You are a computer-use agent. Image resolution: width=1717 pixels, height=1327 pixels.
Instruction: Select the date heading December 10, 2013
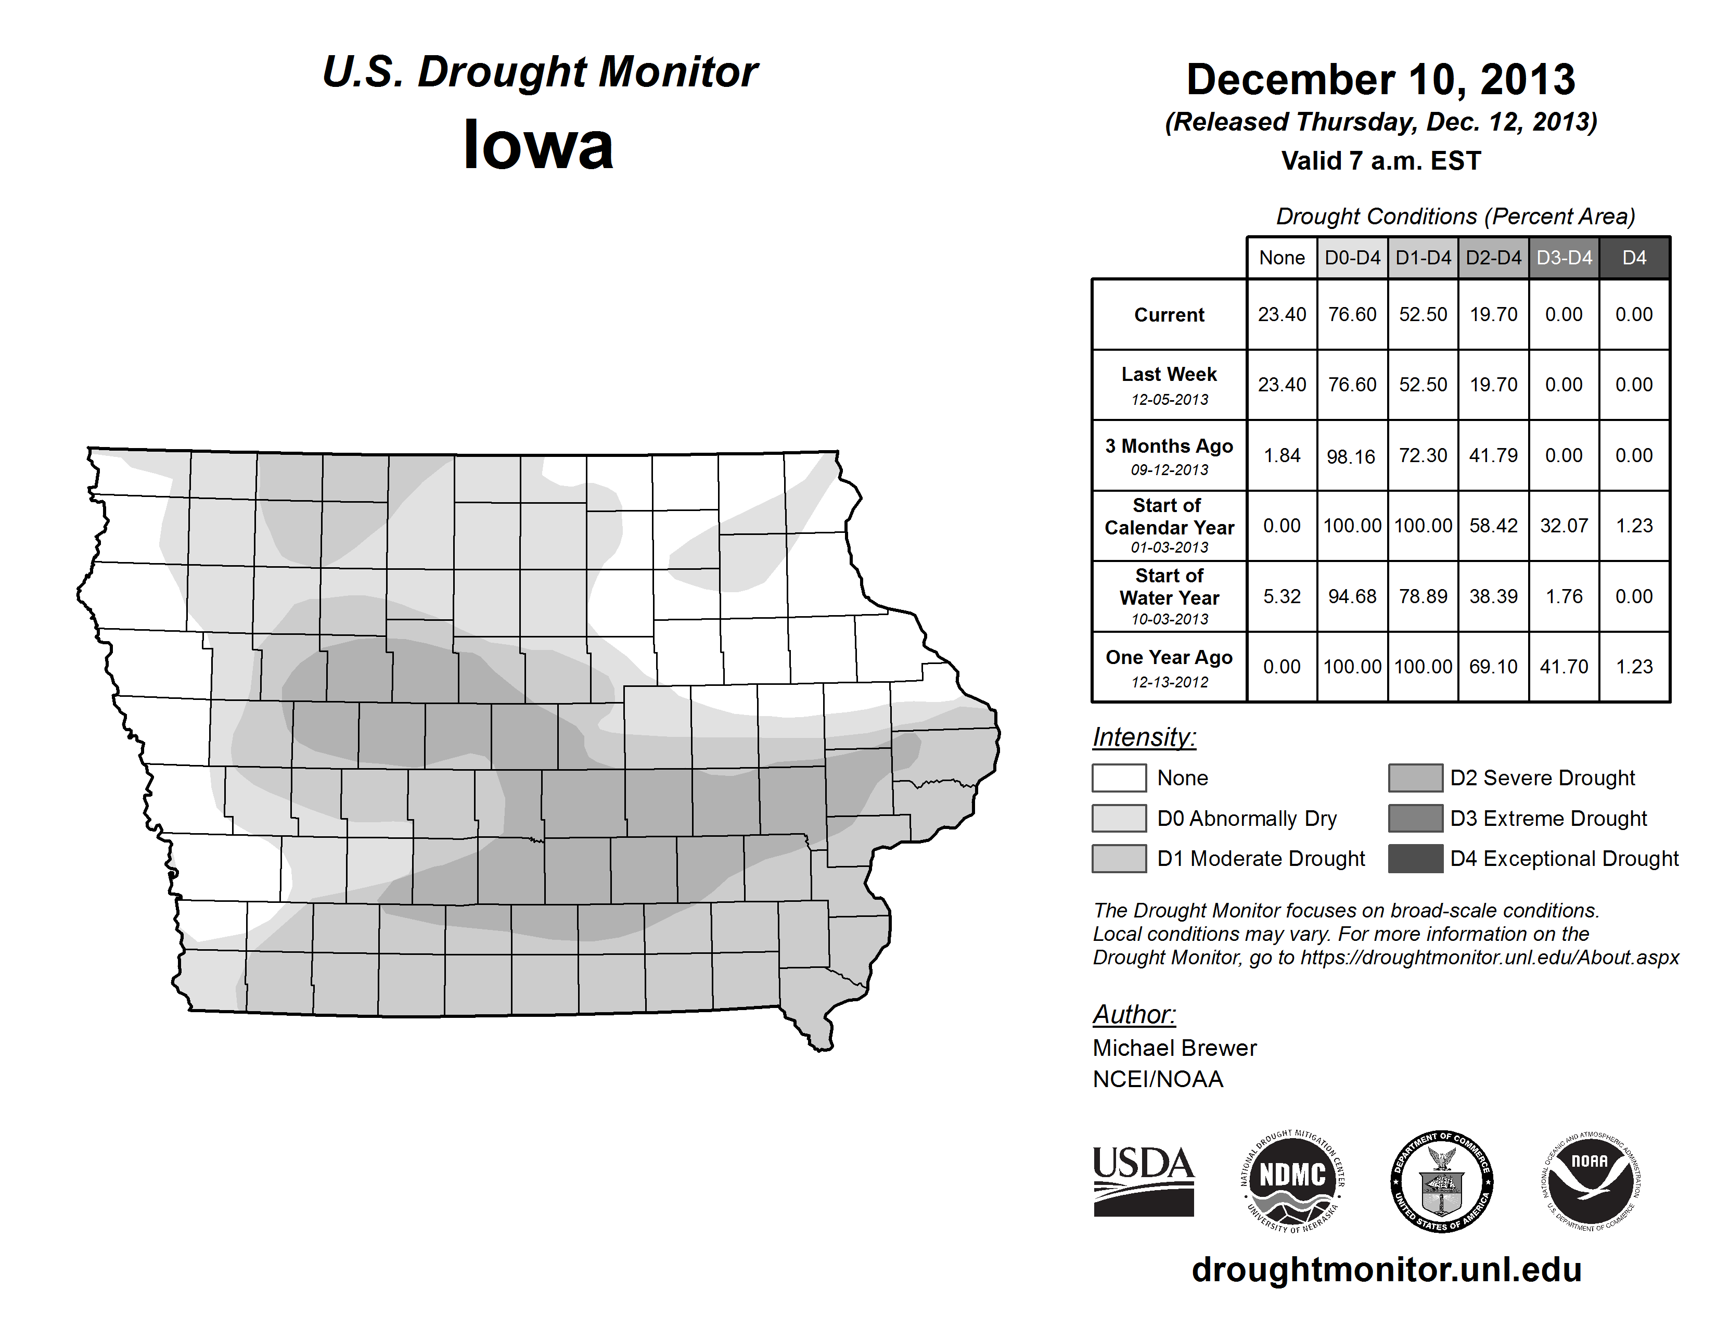pyautogui.click(x=1380, y=80)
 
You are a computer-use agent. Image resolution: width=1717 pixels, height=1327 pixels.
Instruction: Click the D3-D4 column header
pyautogui.click(x=1564, y=258)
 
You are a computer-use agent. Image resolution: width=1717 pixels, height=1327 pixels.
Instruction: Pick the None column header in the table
pyautogui.click(x=1282, y=258)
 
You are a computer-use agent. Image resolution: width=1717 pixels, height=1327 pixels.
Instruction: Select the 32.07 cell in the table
pyautogui.click(x=1564, y=525)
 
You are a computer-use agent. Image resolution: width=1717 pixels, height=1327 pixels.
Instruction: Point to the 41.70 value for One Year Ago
pyautogui.click(x=1564, y=667)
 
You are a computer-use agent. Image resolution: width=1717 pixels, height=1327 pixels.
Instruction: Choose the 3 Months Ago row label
pyautogui.click(x=1169, y=446)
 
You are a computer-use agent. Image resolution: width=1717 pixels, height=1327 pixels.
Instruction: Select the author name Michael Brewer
pyautogui.click(x=1174, y=1048)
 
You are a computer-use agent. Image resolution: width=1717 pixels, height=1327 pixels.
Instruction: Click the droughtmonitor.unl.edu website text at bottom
pyautogui.click(x=1387, y=1270)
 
